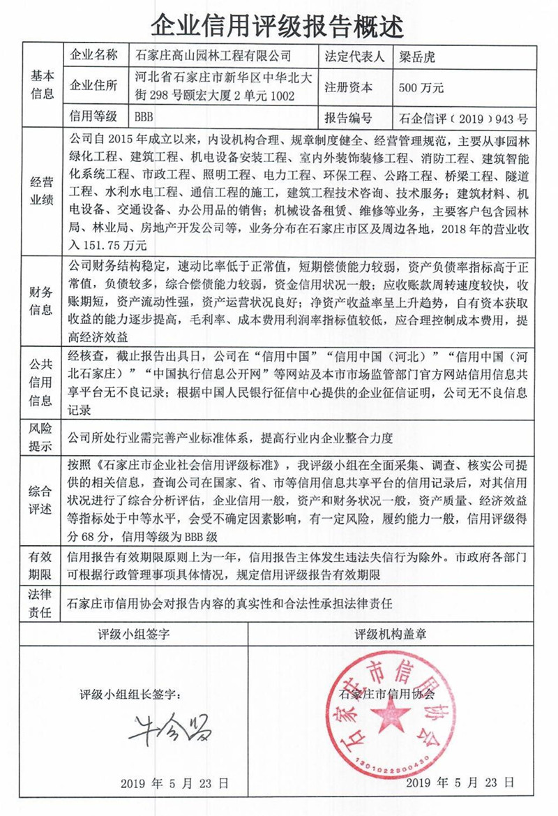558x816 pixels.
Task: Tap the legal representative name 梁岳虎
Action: pos(418,56)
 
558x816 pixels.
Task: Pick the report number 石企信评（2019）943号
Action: pos(465,117)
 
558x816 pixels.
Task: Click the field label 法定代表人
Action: pos(354,56)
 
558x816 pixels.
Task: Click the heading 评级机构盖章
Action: pos(391,634)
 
